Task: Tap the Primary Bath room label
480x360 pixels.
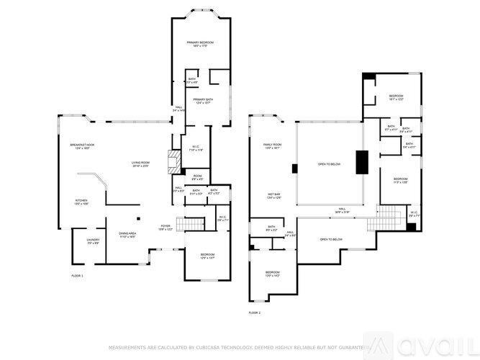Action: coord(204,101)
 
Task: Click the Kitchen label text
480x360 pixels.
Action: coord(82,202)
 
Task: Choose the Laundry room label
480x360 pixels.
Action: coord(93,241)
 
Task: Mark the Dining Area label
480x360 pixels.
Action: coord(127,235)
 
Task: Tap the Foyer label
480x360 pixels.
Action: coord(166,228)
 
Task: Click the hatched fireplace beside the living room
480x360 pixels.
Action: coord(173,161)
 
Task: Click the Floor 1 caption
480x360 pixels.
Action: coord(77,276)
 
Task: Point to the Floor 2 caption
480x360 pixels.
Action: coord(255,312)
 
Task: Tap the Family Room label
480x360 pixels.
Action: coord(272,146)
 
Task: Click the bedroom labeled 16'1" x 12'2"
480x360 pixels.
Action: coord(397,98)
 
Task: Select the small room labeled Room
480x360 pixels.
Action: coord(197,178)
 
